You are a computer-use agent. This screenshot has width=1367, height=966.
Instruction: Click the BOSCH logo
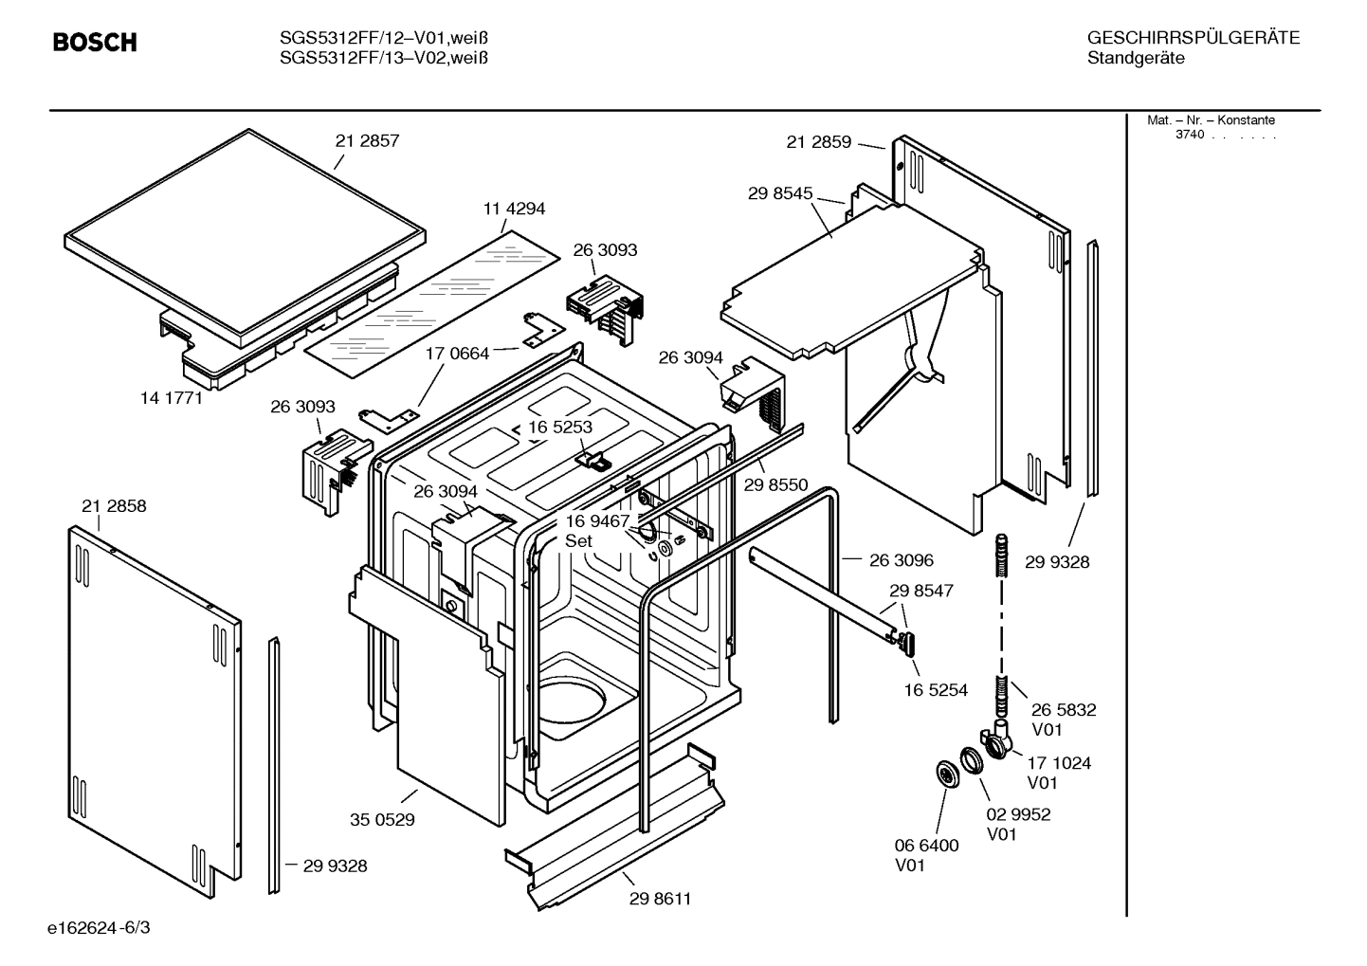point(95,43)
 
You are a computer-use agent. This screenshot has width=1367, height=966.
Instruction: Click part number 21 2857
point(367,140)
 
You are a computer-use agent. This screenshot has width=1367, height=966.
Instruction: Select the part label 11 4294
point(514,209)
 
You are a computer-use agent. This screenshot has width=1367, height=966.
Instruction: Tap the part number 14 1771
point(172,398)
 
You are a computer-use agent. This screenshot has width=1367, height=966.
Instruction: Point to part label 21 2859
point(818,142)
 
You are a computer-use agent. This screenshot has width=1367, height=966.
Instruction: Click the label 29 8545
point(779,193)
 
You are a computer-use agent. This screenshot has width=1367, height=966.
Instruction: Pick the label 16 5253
point(559,427)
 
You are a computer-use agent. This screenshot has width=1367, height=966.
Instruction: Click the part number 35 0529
point(382,819)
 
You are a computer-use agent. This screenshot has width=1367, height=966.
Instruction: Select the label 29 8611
point(660,899)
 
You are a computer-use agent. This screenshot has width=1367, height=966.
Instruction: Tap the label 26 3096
point(901,560)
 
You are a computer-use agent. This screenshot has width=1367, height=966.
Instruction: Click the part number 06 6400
point(926,845)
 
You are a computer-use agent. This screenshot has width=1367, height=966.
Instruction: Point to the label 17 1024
point(1058,762)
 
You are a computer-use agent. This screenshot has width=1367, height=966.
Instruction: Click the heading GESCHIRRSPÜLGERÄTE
point(1193,38)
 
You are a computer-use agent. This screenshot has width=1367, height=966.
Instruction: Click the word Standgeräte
point(1135,59)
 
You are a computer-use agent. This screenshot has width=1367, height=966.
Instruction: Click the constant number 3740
point(1189,135)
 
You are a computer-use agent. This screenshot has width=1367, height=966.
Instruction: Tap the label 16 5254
point(936,690)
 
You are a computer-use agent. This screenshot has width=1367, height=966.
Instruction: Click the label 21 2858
point(114,506)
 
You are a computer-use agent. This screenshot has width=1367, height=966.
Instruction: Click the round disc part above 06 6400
point(946,774)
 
